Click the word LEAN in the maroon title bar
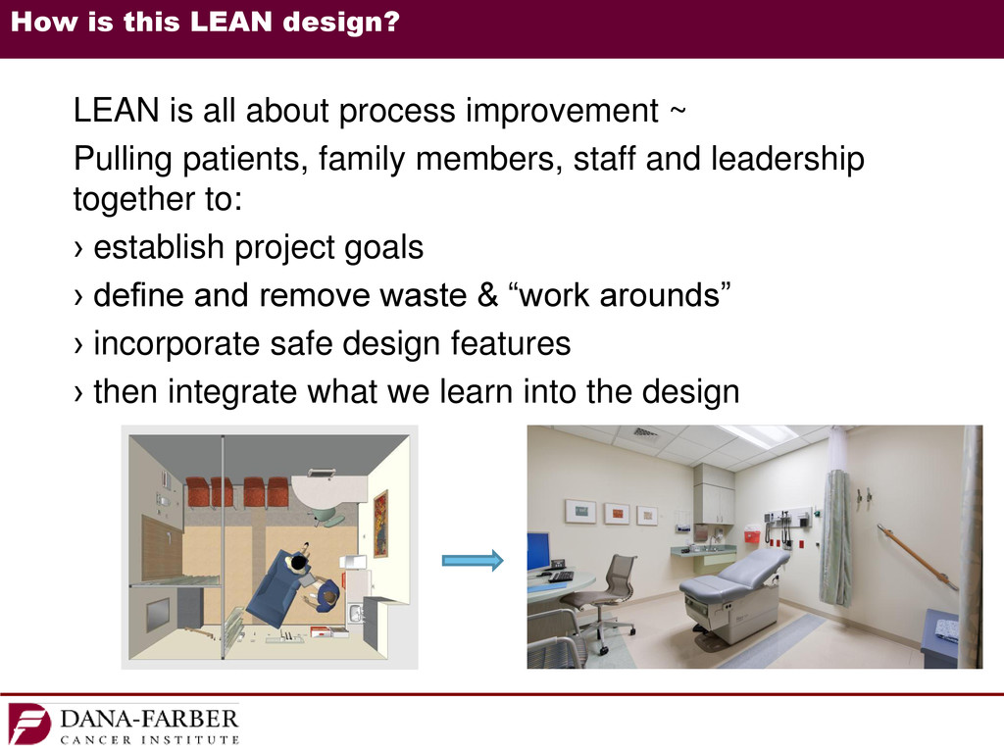pos(231,22)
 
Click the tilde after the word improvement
pos(678,110)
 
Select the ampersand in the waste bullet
pos(487,295)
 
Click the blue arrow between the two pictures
pos(473,560)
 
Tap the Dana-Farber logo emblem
pos(28,725)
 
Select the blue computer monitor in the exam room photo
pos(538,551)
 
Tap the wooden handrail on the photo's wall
pos(917,556)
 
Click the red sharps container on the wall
pos(751,534)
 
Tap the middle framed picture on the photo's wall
pos(617,514)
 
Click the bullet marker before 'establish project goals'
pos(78,248)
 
